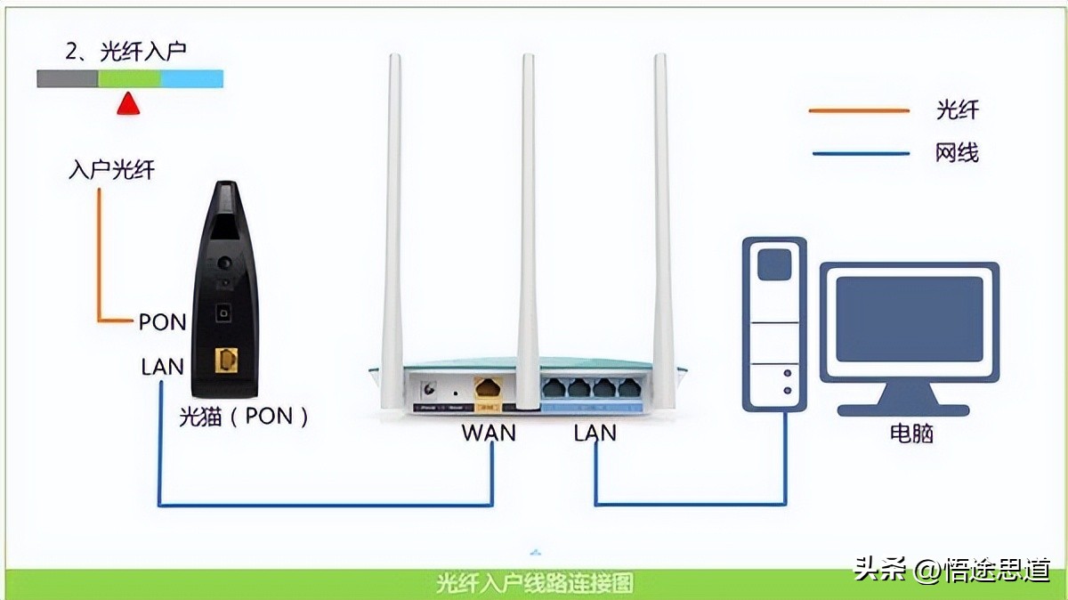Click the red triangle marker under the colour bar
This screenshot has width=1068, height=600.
129,105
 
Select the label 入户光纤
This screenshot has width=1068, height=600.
111,169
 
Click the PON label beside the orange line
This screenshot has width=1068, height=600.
162,322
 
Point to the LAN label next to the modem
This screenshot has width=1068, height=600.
162,366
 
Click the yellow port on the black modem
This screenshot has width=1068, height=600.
227,360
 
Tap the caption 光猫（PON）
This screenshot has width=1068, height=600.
244,416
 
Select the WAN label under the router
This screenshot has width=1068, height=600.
489,434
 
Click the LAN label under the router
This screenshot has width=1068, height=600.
595,434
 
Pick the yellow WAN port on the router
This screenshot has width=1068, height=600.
489,389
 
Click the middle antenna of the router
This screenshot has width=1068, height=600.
529,223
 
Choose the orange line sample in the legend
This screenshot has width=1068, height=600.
858,111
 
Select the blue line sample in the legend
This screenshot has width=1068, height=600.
860,153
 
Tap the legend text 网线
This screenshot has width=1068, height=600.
957,153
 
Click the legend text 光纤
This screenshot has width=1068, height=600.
957,110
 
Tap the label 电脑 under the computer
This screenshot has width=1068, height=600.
911,434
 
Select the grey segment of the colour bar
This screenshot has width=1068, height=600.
67,79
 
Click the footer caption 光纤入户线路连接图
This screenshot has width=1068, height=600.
534,584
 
